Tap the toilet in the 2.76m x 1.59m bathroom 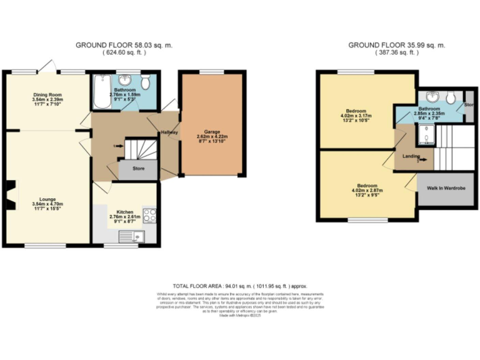(x=145, y=82)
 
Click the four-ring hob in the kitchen (x=150, y=216)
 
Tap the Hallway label (x=169, y=132)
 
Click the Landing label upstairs (x=411, y=156)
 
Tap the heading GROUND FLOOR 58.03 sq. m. (x=124, y=45)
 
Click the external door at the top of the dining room (x=48, y=66)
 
